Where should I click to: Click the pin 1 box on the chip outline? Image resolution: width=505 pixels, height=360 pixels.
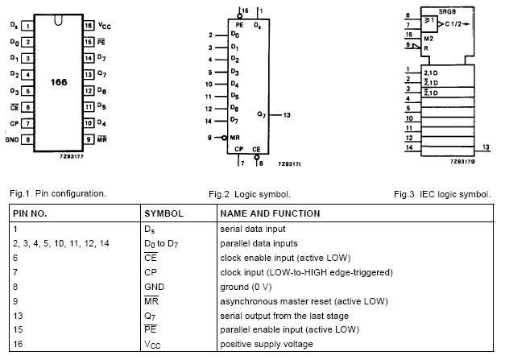coord(27,26)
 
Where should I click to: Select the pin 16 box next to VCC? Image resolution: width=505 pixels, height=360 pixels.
coord(89,26)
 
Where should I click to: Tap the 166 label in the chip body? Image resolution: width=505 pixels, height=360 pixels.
coord(59,82)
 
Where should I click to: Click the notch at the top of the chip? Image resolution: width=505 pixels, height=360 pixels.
coord(58,20)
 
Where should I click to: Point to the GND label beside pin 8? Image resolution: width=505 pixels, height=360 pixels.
coord(12,139)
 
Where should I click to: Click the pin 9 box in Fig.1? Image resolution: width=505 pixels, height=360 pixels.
coord(89,139)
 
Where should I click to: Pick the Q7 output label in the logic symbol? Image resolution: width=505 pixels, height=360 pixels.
coord(262,114)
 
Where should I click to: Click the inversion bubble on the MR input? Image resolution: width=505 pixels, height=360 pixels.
coord(224,138)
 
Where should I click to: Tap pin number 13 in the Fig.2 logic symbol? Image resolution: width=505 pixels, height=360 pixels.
coord(287,115)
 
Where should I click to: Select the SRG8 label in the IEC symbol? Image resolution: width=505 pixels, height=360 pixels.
coord(447,11)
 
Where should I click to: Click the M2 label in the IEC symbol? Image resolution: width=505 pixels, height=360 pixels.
coord(428,39)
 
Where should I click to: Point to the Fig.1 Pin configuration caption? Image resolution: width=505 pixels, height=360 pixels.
coord(58,193)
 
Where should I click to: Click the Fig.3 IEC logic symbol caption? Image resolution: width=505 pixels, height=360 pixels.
coord(442,194)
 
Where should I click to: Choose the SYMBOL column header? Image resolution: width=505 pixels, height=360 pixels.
coord(164,213)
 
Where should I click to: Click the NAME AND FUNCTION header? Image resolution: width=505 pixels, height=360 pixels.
coord(270,213)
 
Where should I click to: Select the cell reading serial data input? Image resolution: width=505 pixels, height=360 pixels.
coord(253,229)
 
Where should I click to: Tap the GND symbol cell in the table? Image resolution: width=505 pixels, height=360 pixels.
coord(155,287)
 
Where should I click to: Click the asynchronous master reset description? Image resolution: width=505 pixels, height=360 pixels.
coord(304,301)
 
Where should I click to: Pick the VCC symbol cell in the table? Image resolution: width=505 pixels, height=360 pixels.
coord(152,345)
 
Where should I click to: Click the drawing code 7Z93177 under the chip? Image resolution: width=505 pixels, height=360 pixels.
coord(72,156)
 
